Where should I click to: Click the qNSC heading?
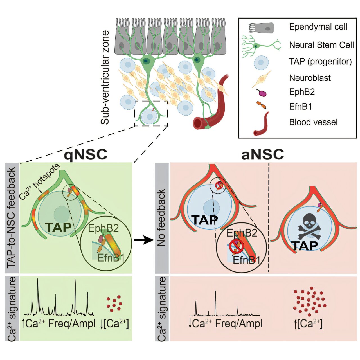pos(85,154)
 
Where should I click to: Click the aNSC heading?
pos(262,154)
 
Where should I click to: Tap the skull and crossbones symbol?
pos(309,226)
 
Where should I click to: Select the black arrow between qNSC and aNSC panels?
pos(144,240)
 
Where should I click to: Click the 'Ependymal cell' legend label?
pos(318,27)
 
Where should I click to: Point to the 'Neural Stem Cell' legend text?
pos(321,45)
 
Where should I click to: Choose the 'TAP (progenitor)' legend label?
pos(320,62)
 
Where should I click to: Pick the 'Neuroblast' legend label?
pos(310,78)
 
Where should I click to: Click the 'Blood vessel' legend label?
pos(313,122)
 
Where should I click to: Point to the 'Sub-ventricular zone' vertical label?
pos(105,77)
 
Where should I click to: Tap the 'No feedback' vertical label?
pos(161,218)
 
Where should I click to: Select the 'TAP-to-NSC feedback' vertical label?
pos(11,218)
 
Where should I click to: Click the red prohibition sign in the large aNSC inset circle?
pos(236,247)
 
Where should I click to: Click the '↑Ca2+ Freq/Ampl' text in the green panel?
pos(59,324)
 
